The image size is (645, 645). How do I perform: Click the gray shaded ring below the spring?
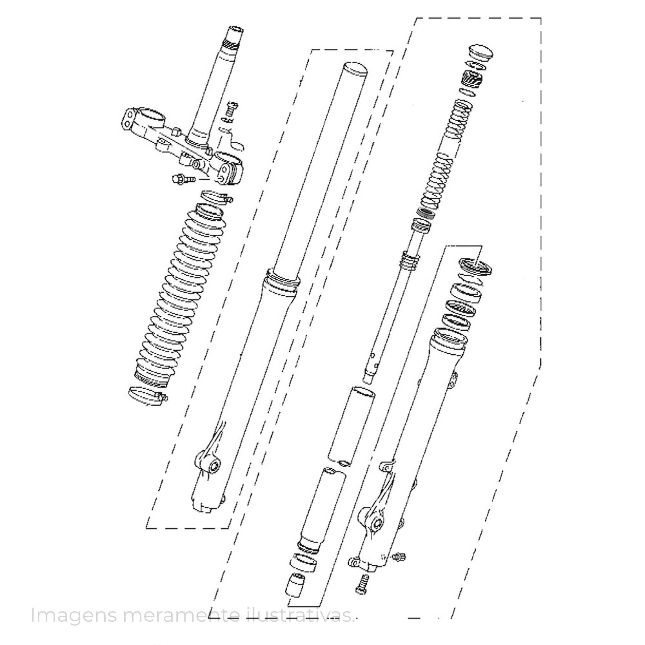pyautogui.click(x=426, y=213)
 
